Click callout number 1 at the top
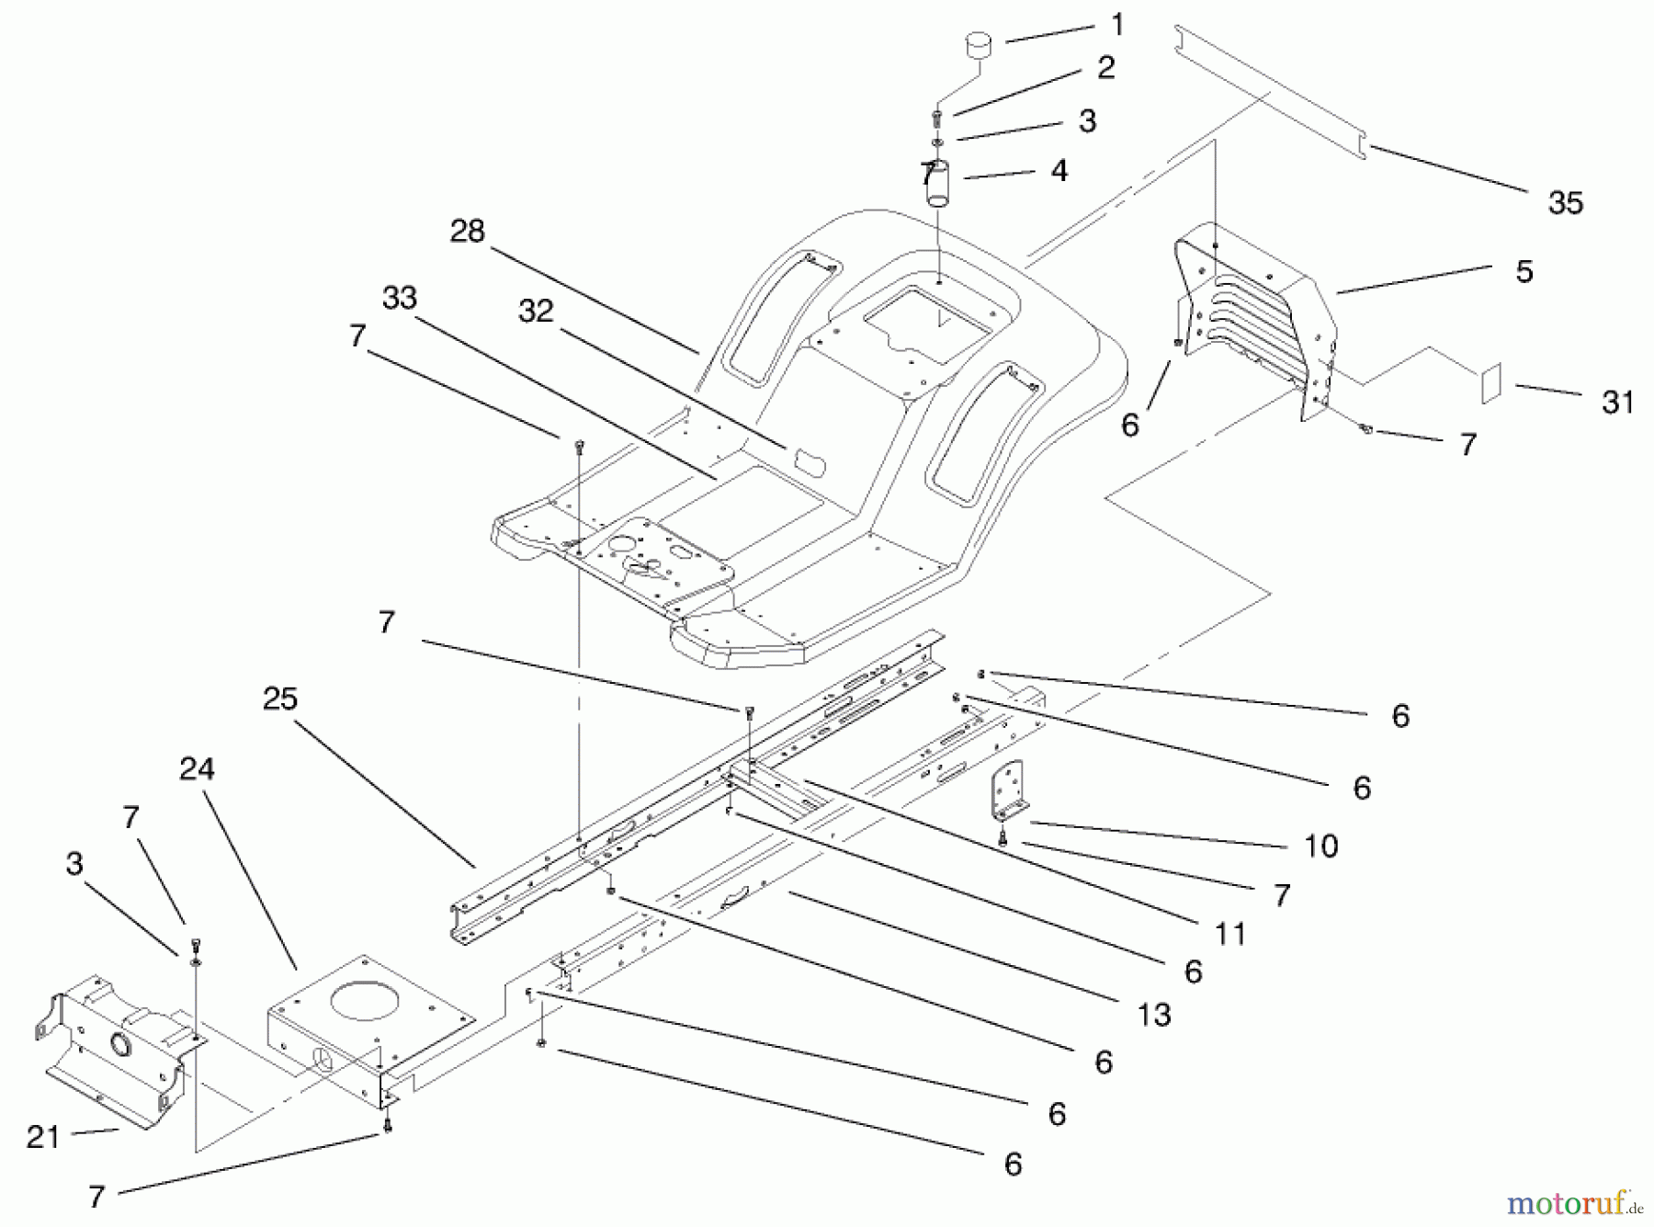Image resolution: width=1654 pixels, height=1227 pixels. click(1117, 26)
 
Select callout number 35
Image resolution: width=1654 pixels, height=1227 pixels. click(1565, 203)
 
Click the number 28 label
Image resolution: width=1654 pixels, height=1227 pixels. click(467, 231)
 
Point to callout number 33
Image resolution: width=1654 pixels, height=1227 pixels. click(400, 298)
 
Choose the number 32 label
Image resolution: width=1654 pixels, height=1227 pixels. click(536, 311)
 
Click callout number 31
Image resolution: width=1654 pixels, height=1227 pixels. click(1617, 402)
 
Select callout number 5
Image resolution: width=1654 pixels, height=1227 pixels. click(1524, 271)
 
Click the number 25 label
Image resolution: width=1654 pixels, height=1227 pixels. click(280, 699)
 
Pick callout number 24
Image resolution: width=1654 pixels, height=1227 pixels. click(197, 768)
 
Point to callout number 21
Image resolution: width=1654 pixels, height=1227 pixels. click(43, 1137)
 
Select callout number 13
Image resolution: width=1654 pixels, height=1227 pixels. click(1154, 1015)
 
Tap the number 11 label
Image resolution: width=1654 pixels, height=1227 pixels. click(1230, 935)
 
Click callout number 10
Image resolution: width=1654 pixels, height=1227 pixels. click(1321, 846)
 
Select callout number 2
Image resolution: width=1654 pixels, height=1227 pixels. click(1105, 67)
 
